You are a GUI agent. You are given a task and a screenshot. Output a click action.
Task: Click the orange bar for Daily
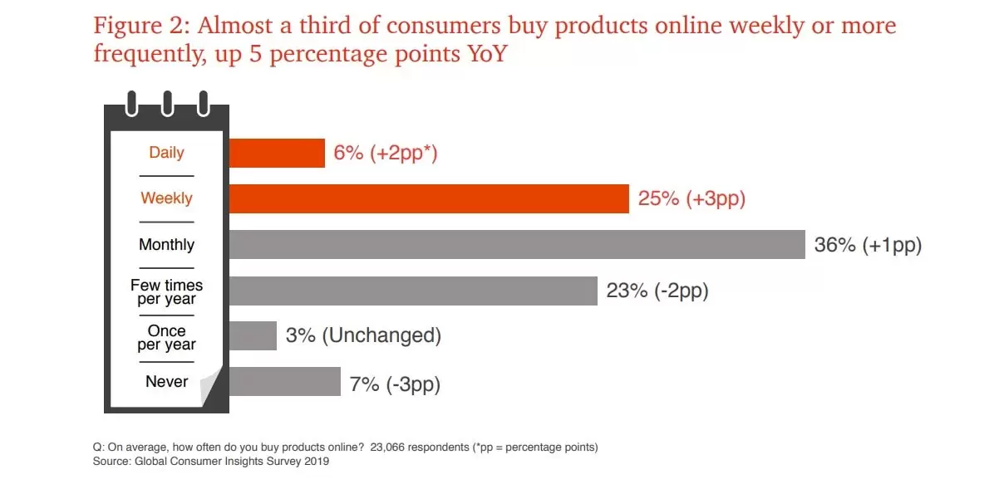277,153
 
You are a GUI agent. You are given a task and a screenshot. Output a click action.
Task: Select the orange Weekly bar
428,198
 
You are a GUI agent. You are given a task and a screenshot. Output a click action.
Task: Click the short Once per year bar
253,336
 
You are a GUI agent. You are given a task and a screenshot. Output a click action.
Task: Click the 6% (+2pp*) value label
385,153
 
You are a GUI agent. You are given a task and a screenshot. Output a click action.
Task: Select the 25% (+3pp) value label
691,198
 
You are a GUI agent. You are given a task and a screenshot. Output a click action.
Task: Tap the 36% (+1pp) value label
868,245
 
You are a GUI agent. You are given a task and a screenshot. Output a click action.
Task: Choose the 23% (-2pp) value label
657,291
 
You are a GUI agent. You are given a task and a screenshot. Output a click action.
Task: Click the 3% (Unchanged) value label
363,336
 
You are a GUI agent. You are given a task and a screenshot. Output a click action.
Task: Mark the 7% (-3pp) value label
395,384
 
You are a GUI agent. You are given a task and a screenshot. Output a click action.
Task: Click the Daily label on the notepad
166,153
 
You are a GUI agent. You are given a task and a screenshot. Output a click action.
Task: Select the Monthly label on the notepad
166,245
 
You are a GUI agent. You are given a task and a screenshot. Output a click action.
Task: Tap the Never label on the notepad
166,382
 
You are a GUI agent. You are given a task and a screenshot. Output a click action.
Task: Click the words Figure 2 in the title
140,26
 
